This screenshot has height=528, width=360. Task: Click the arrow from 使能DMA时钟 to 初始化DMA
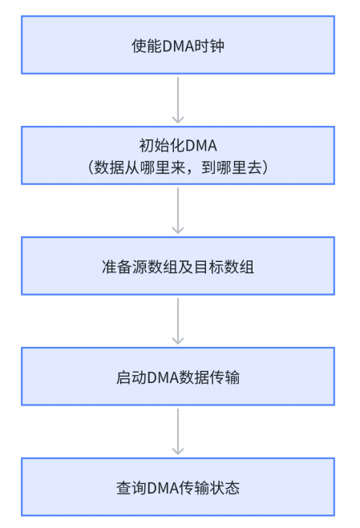tap(178, 100)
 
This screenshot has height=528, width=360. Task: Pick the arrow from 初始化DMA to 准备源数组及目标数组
tap(178, 211)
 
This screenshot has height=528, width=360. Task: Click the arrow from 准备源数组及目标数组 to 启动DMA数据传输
tap(178, 321)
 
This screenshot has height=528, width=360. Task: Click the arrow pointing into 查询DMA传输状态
tap(178, 432)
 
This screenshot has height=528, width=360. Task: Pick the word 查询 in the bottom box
tap(128, 487)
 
